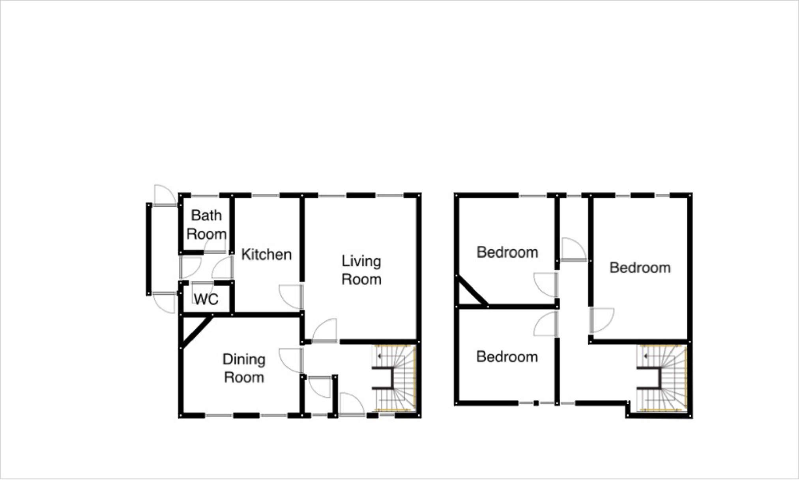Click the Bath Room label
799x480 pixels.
coord(206,224)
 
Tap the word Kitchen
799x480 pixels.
coord(266,254)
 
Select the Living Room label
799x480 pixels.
coord(361,270)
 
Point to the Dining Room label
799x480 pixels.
coord(244,368)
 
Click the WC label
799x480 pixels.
coord(206,299)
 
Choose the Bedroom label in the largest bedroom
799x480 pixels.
coord(640,268)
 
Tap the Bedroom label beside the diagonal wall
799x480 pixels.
coord(507,252)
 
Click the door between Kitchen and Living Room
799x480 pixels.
coord(291,297)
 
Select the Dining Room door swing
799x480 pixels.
coord(291,360)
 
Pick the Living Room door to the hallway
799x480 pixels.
coord(325,331)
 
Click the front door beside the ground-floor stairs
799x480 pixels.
coord(352,404)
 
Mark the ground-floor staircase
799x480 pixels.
coord(394,378)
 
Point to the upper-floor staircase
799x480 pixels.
coord(661,378)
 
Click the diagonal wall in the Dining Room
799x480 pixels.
coord(196,332)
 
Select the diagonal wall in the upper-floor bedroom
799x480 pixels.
coord(472,291)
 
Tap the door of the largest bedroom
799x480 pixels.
coord(602,320)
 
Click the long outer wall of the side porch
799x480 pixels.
coord(149,249)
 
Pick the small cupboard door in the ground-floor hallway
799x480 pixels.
coord(320,387)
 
